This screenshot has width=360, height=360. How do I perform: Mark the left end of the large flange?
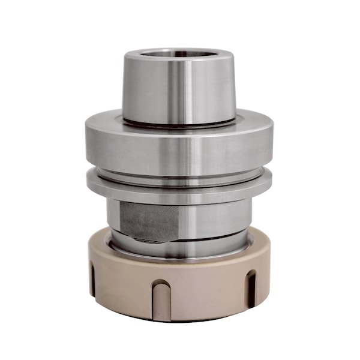88,144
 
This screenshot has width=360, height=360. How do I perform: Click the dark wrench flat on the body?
150,221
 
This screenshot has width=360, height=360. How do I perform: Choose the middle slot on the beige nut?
161,300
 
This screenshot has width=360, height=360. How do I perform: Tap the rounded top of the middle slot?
161,283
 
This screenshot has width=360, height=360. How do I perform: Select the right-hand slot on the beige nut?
251,288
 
